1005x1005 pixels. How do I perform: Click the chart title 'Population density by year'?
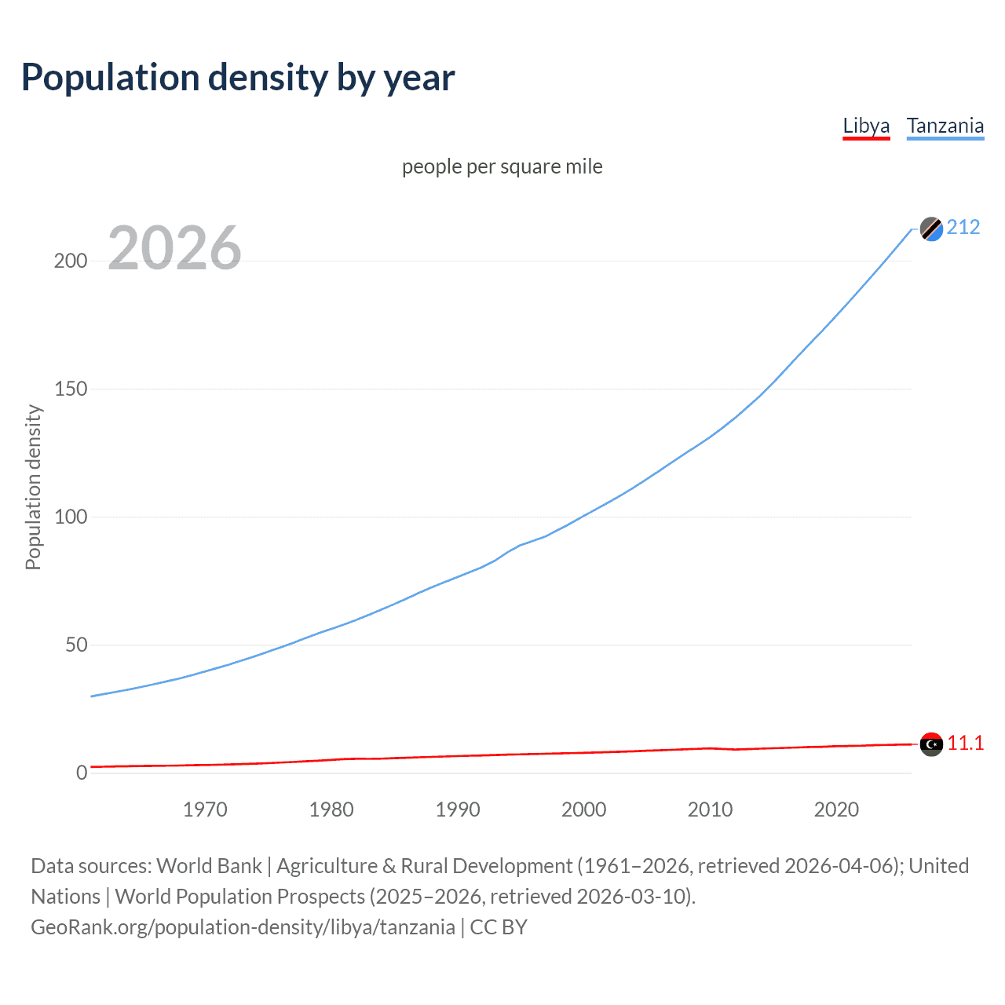pyautogui.click(x=238, y=78)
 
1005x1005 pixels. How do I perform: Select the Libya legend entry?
pyautogui.click(x=866, y=126)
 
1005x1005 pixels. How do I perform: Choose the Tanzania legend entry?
pyautogui.click(x=945, y=126)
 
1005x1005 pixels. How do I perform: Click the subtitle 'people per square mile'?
pyautogui.click(x=502, y=166)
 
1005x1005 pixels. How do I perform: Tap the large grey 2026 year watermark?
pyautogui.click(x=174, y=248)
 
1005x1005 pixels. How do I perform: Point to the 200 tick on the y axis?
pyautogui.click(x=71, y=261)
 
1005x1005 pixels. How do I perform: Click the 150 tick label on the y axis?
pyautogui.click(x=71, y=389)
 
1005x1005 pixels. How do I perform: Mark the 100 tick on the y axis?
pyautogui.click(x=71, y=517)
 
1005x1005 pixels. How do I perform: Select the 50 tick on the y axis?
pyautogui.click(x=76, y=645)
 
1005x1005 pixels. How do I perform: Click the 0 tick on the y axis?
pyautogui.click(x=82, y=773)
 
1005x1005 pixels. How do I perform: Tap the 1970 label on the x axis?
pyautogui.click(x=205, y=809)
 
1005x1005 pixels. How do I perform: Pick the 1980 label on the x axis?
pyautogui.click(x=331, y=809)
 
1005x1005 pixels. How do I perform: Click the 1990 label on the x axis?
pyautogui.click(x=458, y=809)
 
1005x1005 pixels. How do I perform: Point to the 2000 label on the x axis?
pyautogui.click(x=584, y=809)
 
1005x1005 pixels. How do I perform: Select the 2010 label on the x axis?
pyautogui.click(x=711, y=809)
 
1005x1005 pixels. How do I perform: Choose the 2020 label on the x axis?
pyautogui.click(x=837, y=809)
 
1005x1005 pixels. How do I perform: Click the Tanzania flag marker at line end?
pyautogui.click(x=931, y=228)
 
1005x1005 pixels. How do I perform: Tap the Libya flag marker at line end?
pyautogui.click(x=931, y=744)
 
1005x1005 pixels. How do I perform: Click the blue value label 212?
pyautogui.click(x=963, y=228)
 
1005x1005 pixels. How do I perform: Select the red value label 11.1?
pyautogui.click(x=965, y=744)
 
